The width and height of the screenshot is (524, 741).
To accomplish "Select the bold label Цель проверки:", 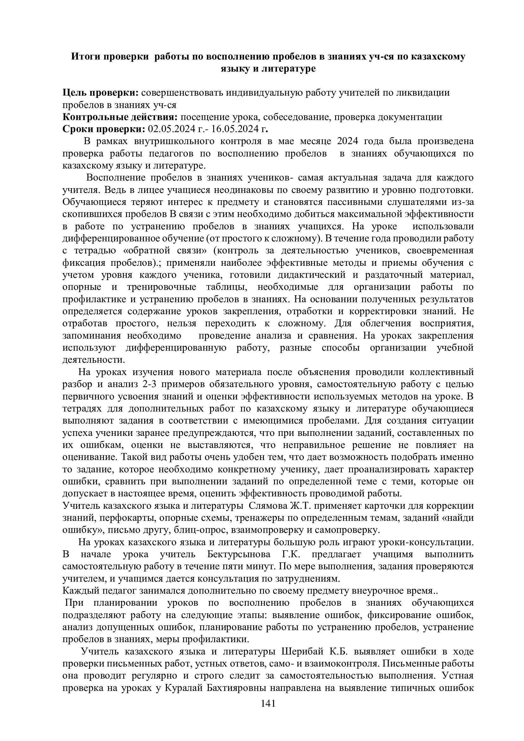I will (100, 93).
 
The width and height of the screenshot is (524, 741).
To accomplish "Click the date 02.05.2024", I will (171, 129).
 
